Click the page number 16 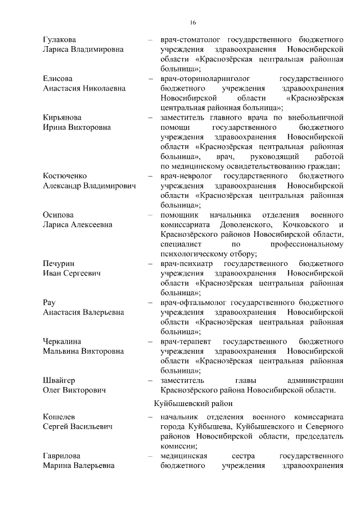tap(192, 22)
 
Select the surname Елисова tap(57, 78)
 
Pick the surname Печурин tap(58, 263)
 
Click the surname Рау tap(49, 303)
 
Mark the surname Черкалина tap(62, 341)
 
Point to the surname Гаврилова tap(62, 456)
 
